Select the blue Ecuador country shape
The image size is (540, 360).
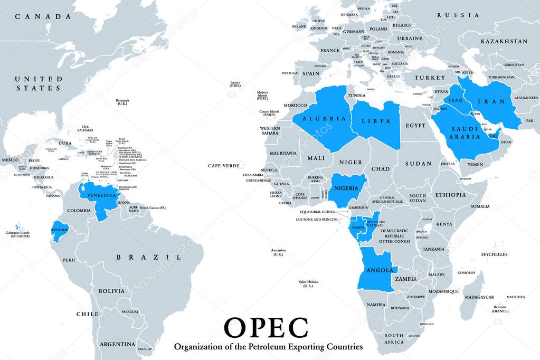(60, 230)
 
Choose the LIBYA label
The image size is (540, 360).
(376, 121)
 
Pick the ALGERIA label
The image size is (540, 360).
(324, 119)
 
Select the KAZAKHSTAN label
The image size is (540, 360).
(504, 41)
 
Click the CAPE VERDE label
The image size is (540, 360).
(224, 165)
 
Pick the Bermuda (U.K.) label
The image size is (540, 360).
(122, 102)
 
